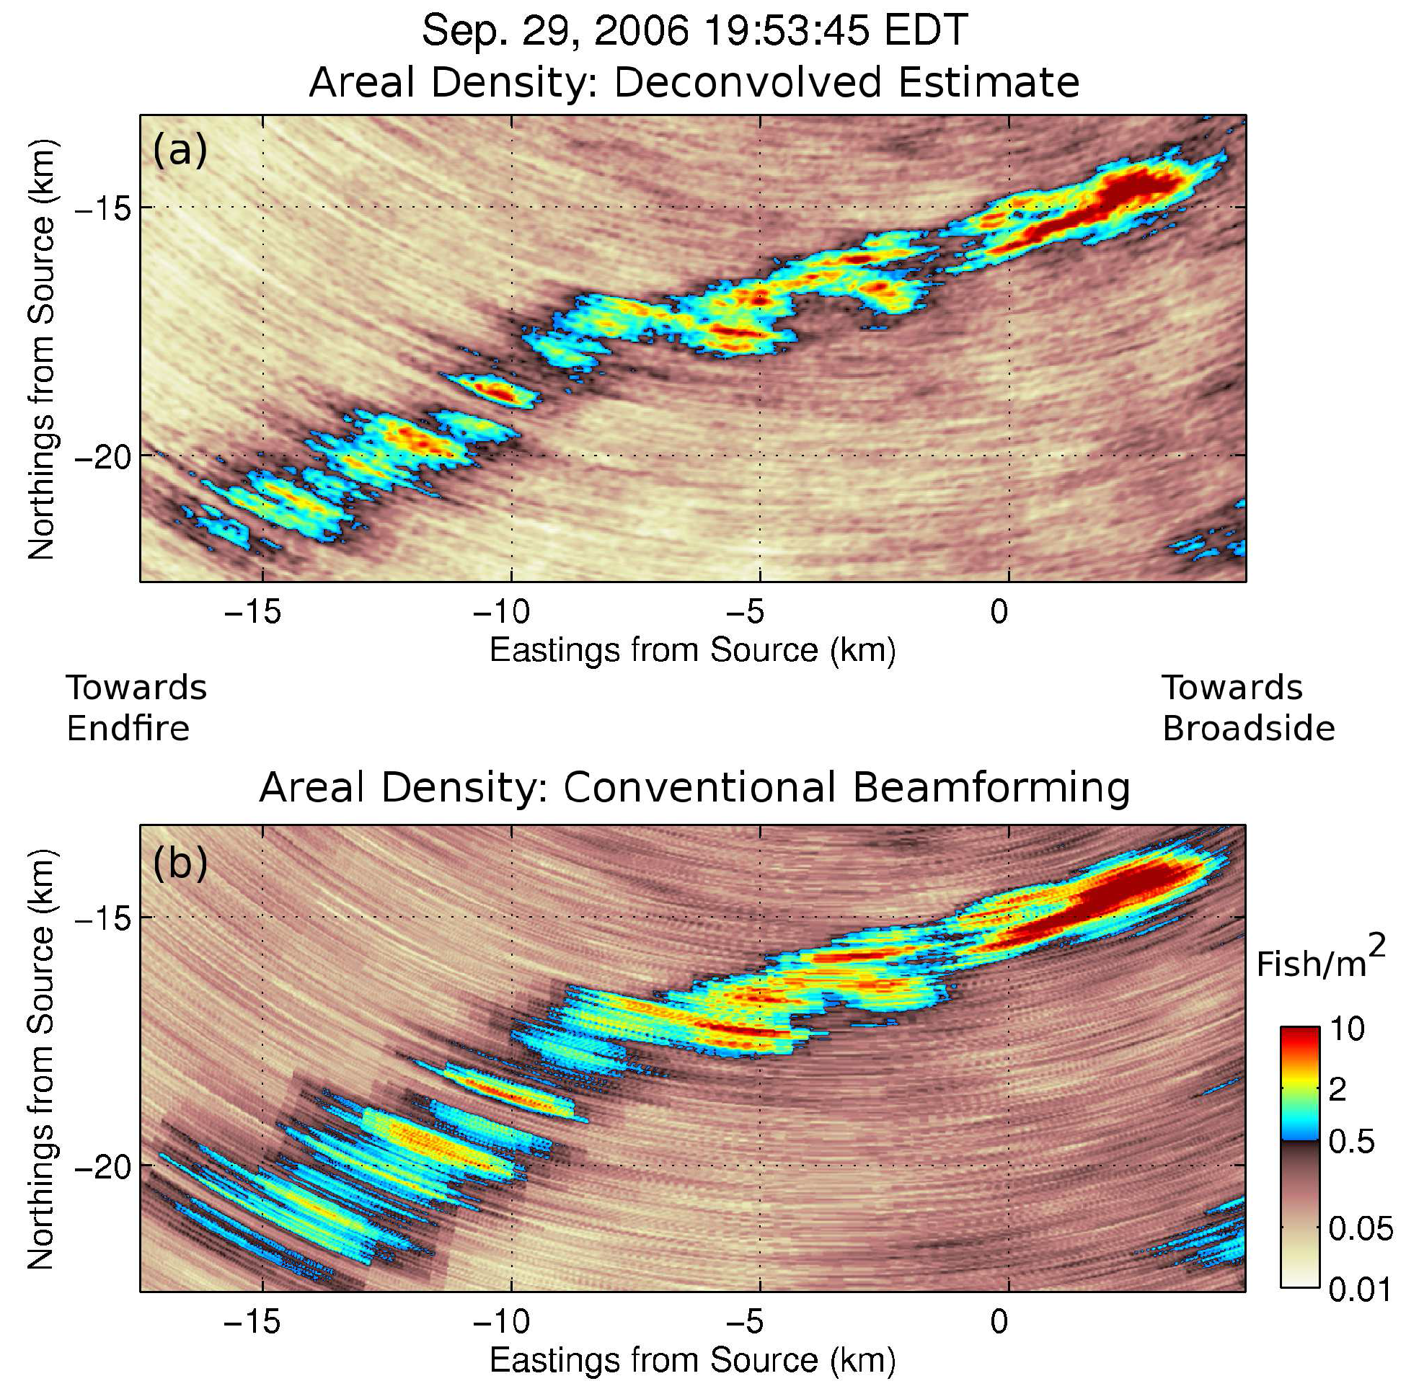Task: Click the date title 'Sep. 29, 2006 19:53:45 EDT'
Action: [x=694, y=30]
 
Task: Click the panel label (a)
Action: [x=180, y=151]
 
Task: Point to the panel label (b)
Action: [x=180, y=862]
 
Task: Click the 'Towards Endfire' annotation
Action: [x=137, y=708]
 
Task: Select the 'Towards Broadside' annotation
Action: [x=1247, y=708]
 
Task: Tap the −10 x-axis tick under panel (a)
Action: [x=502, y=613]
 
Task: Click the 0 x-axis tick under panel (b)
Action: [x=999, y=1320]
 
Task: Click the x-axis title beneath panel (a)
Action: [x=692, y=650]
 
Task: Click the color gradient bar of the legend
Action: [x=1300, y=1157]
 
